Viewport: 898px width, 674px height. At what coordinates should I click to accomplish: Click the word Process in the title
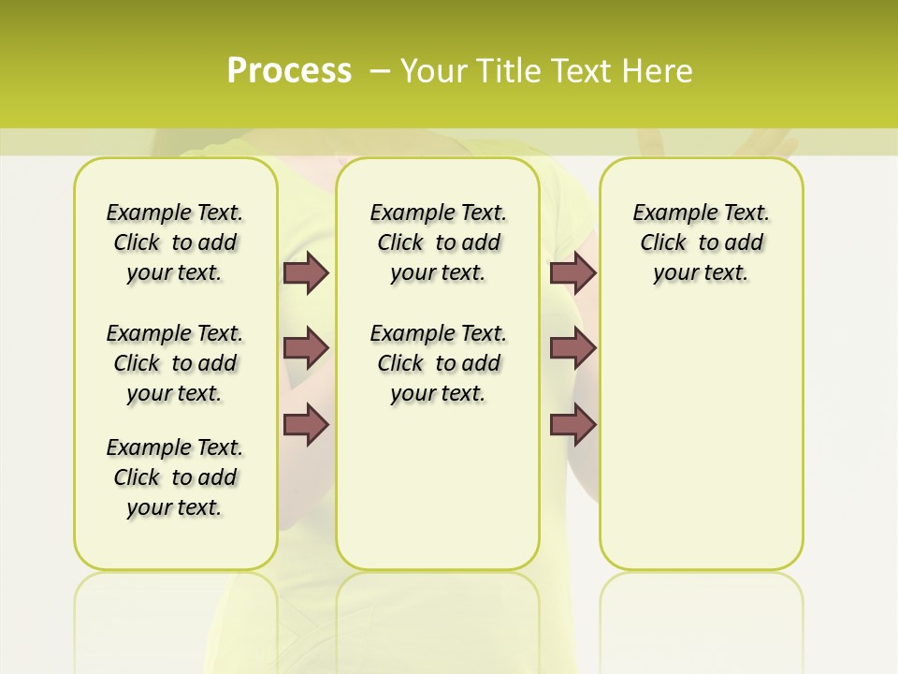point(289,71)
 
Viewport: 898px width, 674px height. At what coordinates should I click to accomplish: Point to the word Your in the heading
point(434,71)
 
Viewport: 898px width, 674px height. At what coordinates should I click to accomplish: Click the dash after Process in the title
point(381,72)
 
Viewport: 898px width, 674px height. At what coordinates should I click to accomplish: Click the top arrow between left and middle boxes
point(306,272)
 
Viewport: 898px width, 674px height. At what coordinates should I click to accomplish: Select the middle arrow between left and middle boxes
point(306,348)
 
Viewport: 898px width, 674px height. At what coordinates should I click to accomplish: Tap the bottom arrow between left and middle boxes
point(306,425)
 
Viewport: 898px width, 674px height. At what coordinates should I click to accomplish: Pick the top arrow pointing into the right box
point(572,272)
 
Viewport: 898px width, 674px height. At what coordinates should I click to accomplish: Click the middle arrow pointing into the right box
point(572,348)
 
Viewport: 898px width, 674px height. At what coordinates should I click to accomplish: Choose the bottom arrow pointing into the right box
point(572,425)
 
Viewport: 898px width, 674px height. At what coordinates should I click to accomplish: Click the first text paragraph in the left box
point(175,242)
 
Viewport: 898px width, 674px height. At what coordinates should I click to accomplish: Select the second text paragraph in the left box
point(175,363)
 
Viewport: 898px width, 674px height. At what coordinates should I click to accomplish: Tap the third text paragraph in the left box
point(175,477)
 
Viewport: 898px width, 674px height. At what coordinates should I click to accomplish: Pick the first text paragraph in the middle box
point(438,242)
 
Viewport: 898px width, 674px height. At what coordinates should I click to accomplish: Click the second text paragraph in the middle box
point(438,363)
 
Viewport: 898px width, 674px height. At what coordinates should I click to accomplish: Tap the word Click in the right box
point(663,243)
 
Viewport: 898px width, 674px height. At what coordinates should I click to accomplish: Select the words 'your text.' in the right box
point(701,273)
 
